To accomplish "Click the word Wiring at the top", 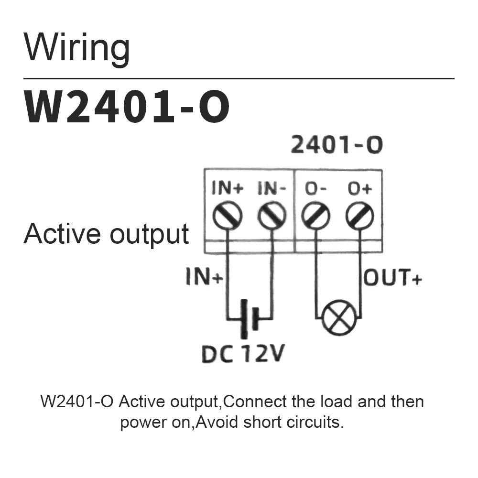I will coord(77,48).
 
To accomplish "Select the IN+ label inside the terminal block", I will coord(228,189).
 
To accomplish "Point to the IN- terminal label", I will coord(272,189).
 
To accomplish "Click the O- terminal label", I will coord(315,189).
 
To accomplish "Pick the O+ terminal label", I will coord(360,189).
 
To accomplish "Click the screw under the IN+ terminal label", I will coord(228,216).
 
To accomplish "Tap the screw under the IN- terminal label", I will coord(272,216).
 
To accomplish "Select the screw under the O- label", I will coord(315,216).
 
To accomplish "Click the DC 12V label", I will coord(243,354).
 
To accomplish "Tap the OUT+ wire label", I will coord(393,278).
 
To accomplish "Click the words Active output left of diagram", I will coord(106,234).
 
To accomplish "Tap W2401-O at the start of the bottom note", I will coord(77,401).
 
